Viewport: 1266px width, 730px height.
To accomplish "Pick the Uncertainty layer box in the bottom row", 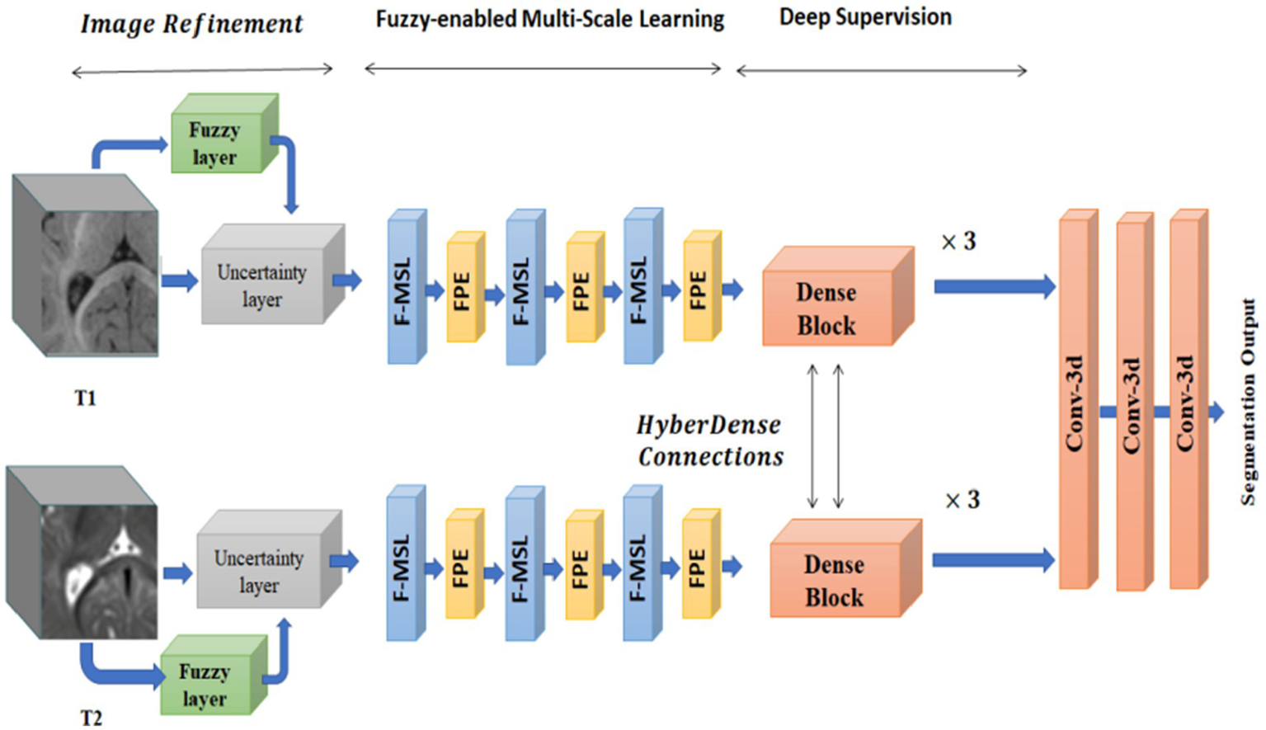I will click(261, 568).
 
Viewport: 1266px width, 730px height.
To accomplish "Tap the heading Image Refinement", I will click(191, 24).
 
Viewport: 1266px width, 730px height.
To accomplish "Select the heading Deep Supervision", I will click(865, 17).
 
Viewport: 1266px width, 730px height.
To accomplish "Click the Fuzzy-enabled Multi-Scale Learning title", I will click(549, 19).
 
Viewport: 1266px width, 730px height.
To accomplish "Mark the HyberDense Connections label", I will click(709, 440).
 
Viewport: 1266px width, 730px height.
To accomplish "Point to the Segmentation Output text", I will click(1249, 402).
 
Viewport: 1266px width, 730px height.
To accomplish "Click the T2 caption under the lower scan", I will click(92, 718).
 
